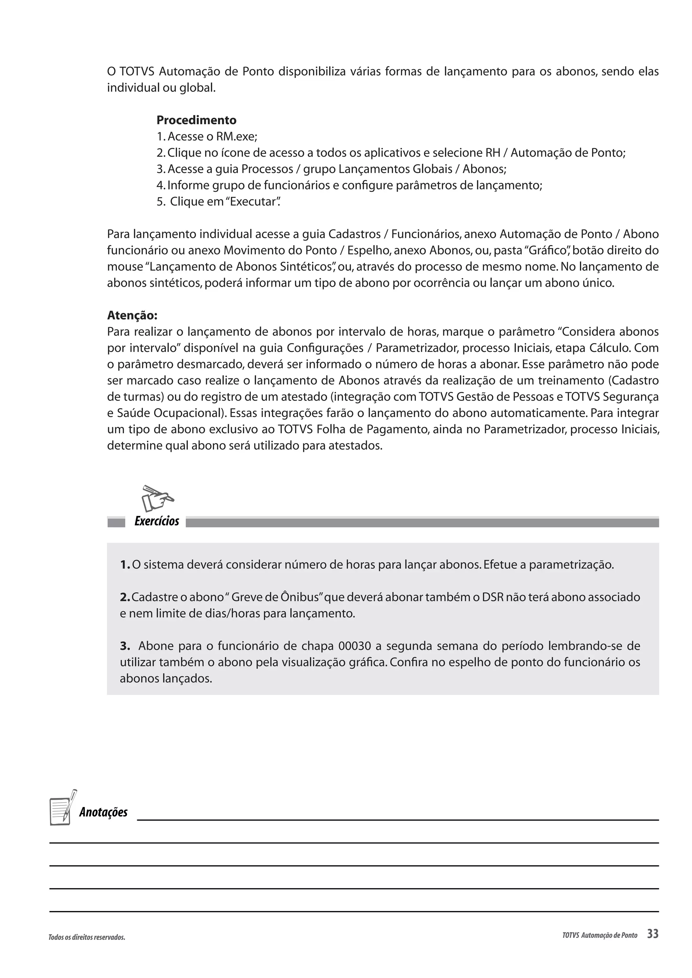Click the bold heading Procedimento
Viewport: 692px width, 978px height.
[x=196, y=120]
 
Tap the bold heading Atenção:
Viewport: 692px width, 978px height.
[x=132, y=316]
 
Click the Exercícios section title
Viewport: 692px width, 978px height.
[x=156, y=521]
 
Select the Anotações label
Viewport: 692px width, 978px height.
[x=103, y=812]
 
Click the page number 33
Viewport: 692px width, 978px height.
[x=652, y=934]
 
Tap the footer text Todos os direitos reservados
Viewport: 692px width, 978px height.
[x=87, y=937]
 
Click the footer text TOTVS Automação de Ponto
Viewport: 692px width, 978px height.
[x=599, y=935]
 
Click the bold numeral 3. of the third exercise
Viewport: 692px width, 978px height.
[x=124, y=646]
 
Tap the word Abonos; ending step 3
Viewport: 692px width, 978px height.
[x=485, y=169]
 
